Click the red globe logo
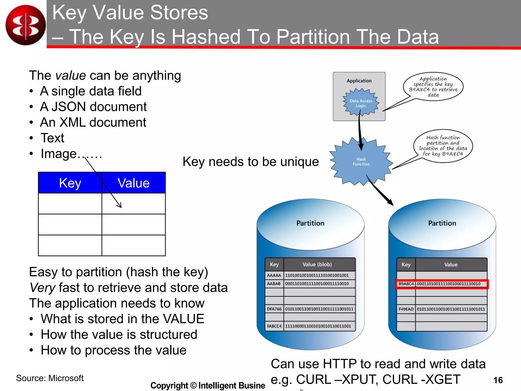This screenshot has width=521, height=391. (x=25, y=25)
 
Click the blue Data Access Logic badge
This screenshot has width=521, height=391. (x=361, y=103)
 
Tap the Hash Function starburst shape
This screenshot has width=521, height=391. (x=361, y=162)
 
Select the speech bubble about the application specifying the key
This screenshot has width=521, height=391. (x=433, y=87)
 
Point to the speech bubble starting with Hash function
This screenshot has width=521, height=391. (x=443, y=146)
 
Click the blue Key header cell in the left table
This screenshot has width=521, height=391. (x=70, y=183)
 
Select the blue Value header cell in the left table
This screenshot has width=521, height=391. (x=134, y=183)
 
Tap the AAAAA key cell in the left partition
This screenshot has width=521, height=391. (x=274, y=275)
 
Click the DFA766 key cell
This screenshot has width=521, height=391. (x=274, y=309)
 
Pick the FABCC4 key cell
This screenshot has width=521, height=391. (x=274, y=326)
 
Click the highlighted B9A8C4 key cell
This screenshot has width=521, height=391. (x=406, y=284)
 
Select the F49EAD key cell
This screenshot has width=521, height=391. (x=406, y=309)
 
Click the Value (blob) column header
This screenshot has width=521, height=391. (x=317, y=264)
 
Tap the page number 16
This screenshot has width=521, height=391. (x=498, y=380)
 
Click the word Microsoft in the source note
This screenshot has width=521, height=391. (x=66, y=378)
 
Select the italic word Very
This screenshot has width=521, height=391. (x=42, y=288)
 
